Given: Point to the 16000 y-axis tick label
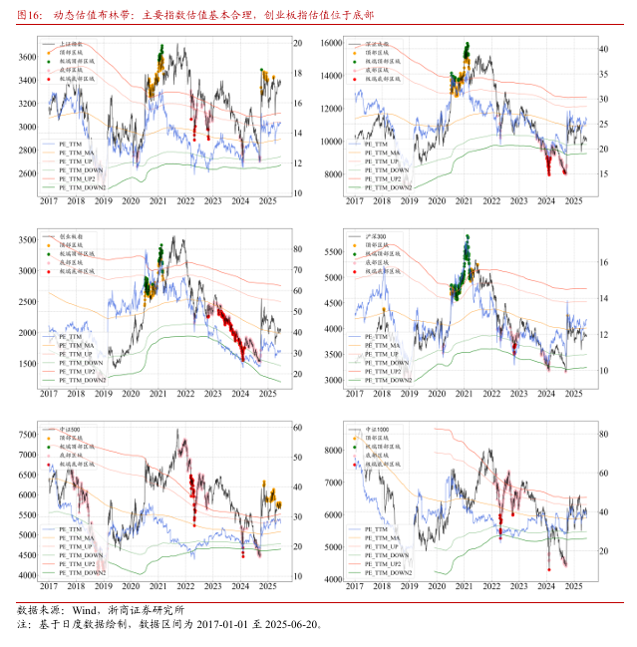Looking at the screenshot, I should coord(329,45).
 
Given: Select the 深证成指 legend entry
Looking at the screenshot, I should coord(378,45).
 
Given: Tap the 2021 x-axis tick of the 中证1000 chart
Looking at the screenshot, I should coord(464,587).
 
